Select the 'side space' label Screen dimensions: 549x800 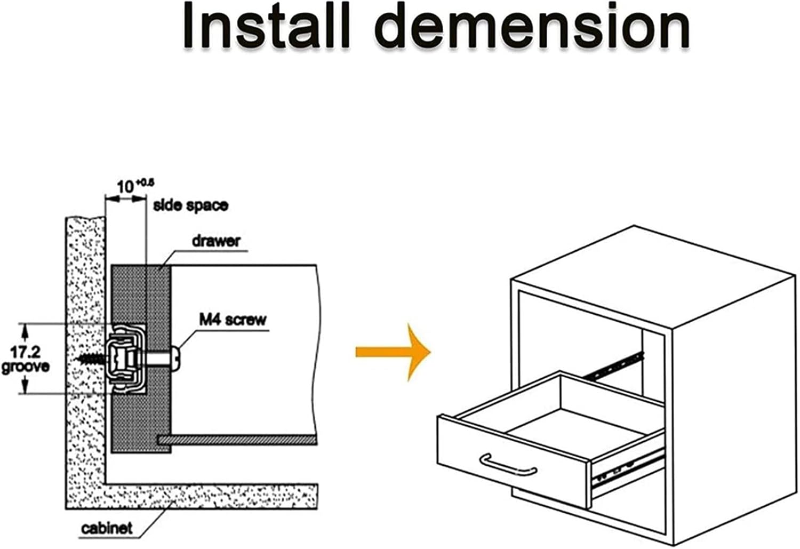click(x=190, y=205)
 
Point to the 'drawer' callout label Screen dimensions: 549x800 click(x=216, y=241)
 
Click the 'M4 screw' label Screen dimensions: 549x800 click(x=233, y=320)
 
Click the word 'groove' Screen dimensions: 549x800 click(x=26, y=367)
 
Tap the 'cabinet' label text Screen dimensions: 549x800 click(x=107, y=528)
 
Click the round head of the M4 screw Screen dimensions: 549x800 click(x=177, y=356)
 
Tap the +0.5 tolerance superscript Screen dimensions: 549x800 click(x=145, y=182)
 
